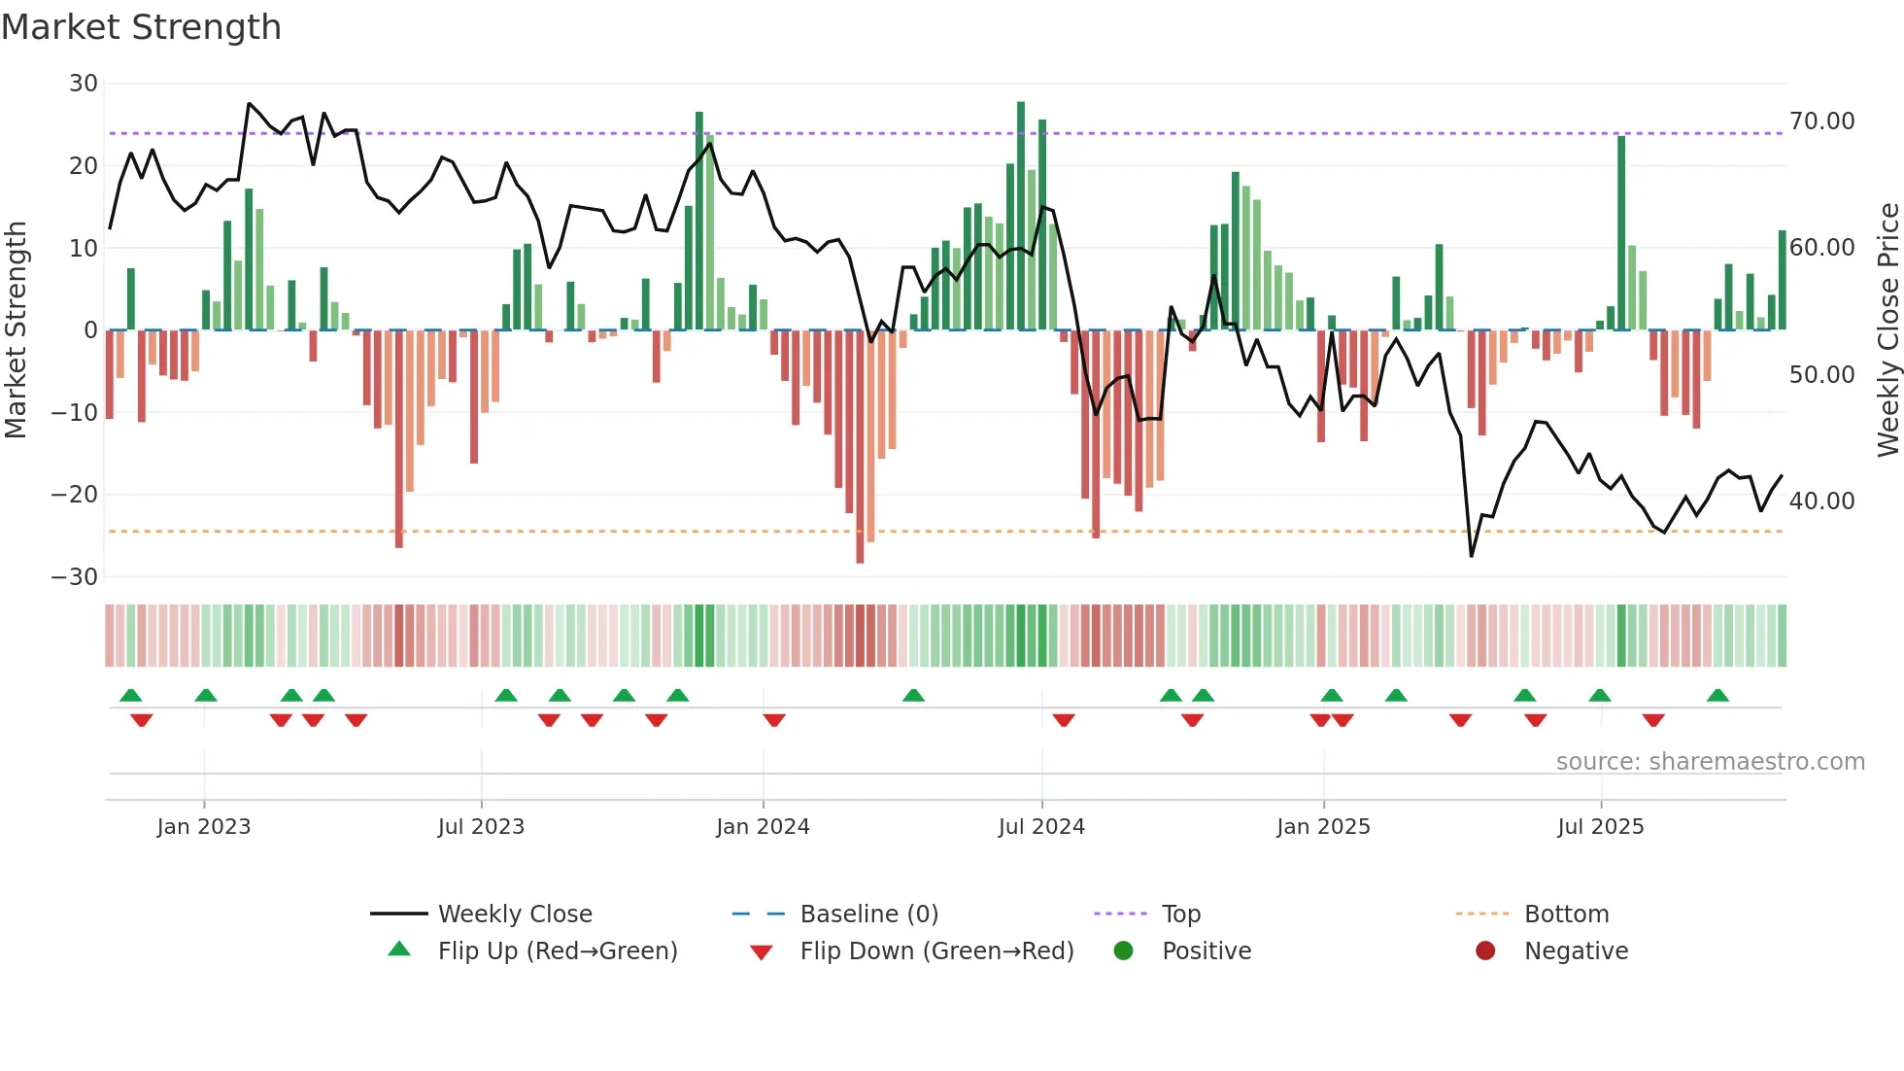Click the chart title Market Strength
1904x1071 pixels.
pos(141,27)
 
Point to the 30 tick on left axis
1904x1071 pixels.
pos(84,84)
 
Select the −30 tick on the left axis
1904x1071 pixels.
pos(75,577)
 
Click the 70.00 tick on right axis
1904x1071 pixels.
pos(1821,121)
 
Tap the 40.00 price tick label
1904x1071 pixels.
pos(1821,501)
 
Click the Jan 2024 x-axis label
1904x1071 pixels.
pos(763,827)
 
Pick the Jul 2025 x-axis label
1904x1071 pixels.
pos(1600,827)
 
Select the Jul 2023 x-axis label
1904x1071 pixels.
pos(481,827)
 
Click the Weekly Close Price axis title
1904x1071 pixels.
pos(1887,330)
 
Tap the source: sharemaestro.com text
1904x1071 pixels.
pos(1710,762)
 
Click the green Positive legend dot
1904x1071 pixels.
pos(1124,951)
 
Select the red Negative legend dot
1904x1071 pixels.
pos(1485,951)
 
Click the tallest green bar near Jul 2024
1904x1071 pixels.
pos(1021,216)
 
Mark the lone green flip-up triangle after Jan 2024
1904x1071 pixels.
pos(913,695)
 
